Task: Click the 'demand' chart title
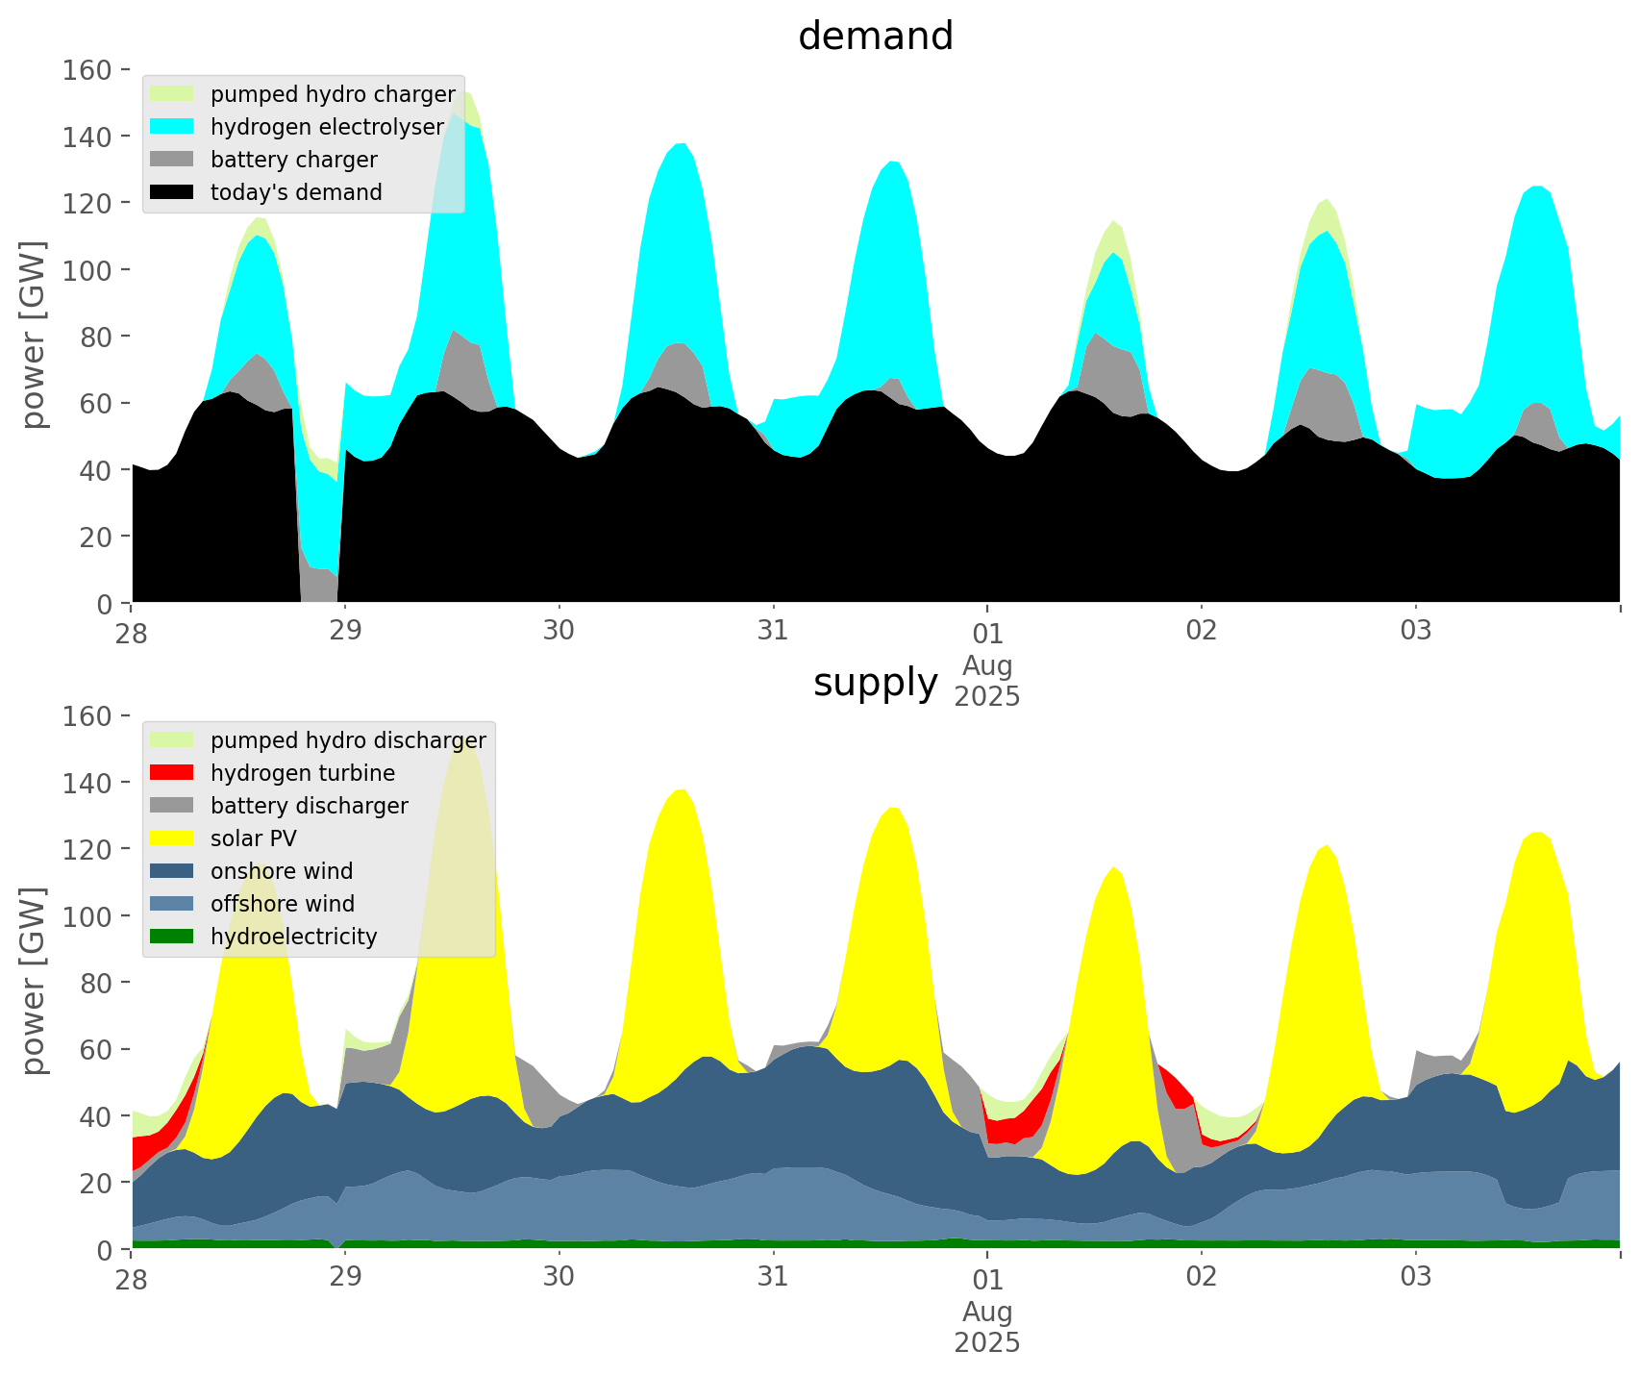tap(875, 37)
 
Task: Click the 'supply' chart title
tap(875, 683)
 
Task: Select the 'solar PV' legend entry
tap(254, 838)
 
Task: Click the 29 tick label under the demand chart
tap(345, 631)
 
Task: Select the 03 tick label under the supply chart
tap(1415, 1277)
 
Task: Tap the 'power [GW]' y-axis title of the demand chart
tap(34, 336)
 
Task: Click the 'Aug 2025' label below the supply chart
tap(987, 1327)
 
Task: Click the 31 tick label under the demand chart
tap(773, 631)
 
